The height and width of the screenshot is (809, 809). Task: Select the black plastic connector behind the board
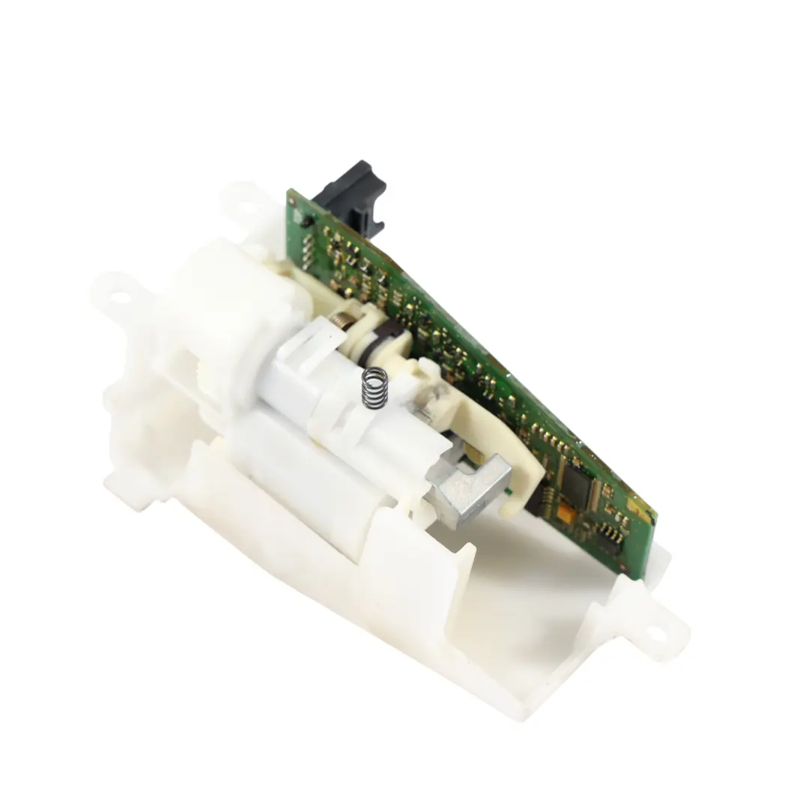point(352,195)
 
